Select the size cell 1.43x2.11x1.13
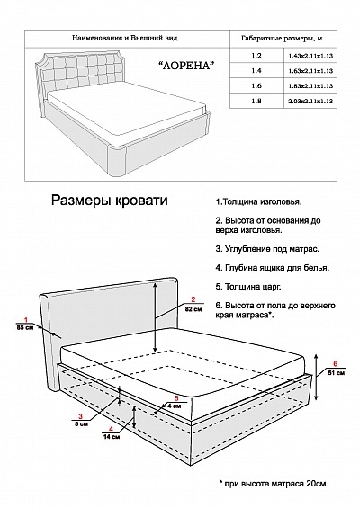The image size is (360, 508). click(310, 56)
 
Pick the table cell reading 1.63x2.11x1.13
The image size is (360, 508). click(310, 71)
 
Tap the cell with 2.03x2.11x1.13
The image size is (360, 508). click(310, 102)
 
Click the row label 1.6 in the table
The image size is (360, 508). click(256, 85)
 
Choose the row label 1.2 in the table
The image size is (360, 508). click(256, 56)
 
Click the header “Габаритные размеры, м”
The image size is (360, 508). click(282, 39)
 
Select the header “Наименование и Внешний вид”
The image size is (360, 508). click(124, 38)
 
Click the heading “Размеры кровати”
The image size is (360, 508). click(110, 201)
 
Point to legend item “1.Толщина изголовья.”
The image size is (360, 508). click(259, 201)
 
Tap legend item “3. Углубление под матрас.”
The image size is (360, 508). click(267, 249)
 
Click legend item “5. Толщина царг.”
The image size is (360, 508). click(248, 287)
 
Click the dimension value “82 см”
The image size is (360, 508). click(193, 309)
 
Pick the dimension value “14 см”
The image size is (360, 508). click(112, 437)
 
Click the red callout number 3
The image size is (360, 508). click(81, 416)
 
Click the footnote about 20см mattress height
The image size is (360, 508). click(273, 484)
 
